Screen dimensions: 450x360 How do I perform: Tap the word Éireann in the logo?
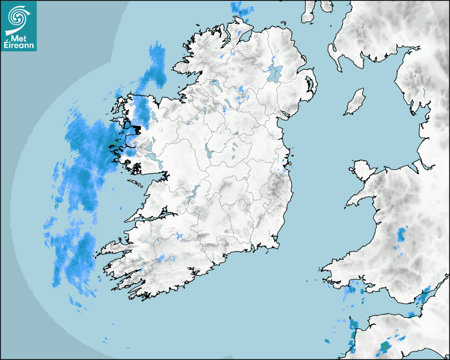19,45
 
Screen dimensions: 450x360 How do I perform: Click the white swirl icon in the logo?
19,17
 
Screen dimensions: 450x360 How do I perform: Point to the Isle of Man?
355,102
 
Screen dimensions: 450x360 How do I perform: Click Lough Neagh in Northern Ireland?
275,73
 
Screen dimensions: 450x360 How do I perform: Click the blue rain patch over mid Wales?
402,234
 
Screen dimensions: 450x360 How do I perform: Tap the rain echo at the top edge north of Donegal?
241,8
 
